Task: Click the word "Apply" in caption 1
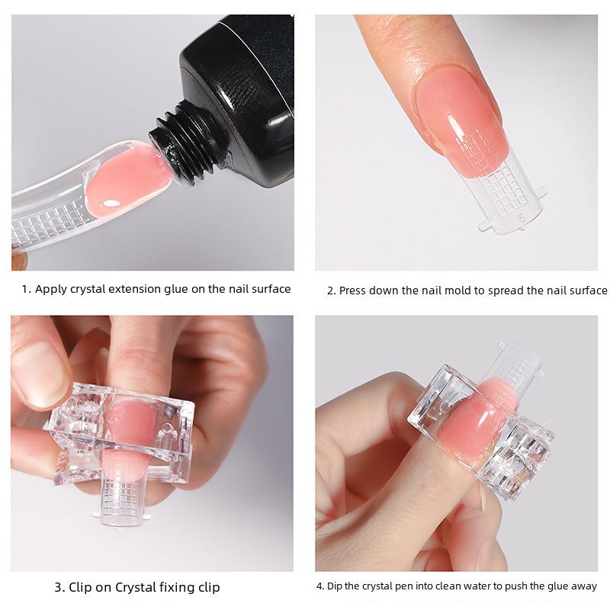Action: [52, 289]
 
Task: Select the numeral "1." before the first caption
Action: [26, 289]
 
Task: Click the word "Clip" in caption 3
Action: [83, 587]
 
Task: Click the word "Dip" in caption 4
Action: [335, 586]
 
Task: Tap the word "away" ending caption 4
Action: [583, 586]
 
